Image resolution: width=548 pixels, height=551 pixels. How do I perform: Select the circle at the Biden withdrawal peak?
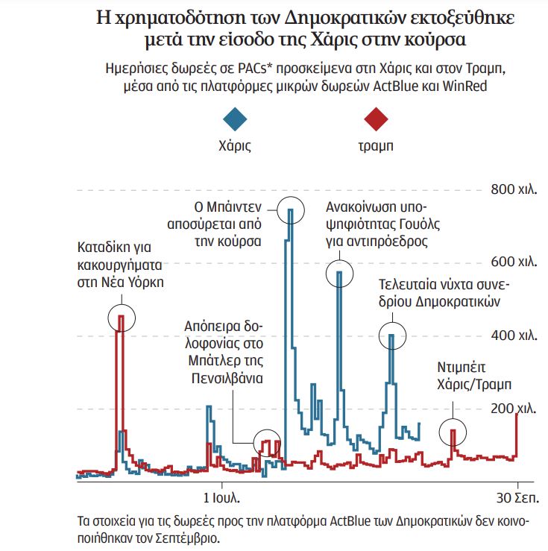click(x=291, y=211)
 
